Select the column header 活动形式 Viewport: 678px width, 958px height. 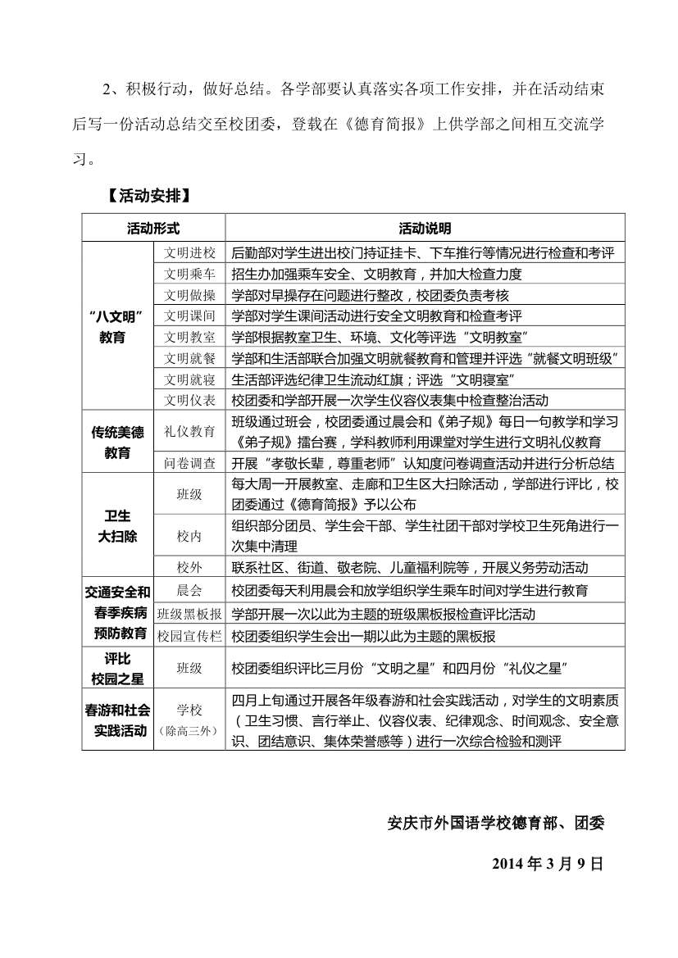point(153,228)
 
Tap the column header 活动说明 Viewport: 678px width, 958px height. point(425,228)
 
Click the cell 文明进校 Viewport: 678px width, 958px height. point(189,252)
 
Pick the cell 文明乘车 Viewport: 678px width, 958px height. point(189,274)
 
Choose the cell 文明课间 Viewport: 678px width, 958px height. point(189,316)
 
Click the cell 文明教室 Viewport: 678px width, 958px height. point(189,337)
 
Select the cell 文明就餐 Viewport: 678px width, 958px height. point(189,358)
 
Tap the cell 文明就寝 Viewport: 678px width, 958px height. point(189,379)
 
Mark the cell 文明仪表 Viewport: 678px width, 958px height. point(189,400)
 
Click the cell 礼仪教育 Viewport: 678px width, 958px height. point(189,431)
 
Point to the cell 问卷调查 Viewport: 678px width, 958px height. point(189,463)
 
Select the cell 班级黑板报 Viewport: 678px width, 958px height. point(189,614)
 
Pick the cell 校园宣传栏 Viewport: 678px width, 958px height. point(189,635)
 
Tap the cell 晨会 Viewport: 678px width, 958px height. point(189,590)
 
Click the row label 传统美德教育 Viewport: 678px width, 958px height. point(117,443)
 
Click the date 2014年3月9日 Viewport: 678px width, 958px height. point(548,863)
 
